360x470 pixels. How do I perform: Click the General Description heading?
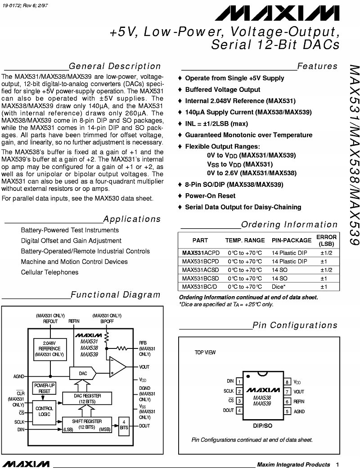click(115, 67)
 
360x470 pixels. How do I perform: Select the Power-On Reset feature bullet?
click(210, 196)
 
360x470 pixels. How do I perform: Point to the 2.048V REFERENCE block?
click(49, 349)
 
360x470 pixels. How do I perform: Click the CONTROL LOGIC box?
click(44, 411)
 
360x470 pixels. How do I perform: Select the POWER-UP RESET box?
click(44, 388)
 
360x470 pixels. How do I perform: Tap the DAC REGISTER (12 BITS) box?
click(87, 398)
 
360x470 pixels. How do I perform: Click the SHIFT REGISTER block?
click(87, 424)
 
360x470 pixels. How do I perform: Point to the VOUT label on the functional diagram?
click(144, 367)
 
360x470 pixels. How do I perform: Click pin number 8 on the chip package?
click(287, 382)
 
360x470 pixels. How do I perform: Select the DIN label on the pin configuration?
click(230, 381)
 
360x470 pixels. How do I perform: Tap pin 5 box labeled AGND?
click(287, 411)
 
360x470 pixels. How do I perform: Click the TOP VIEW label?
click(205, 352)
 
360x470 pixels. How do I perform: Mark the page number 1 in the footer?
click(337, 464)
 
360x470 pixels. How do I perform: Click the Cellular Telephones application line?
click(49, 272)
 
